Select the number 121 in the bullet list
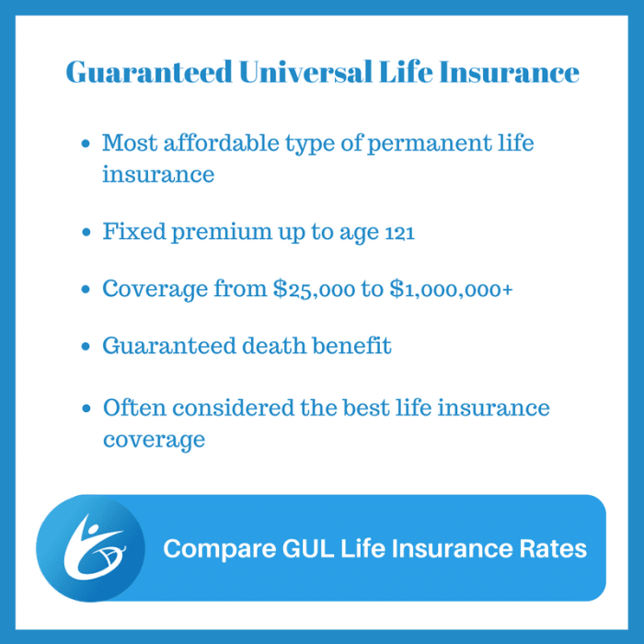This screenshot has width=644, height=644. coord(397,233)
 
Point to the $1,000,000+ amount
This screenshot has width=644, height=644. coord(452,289)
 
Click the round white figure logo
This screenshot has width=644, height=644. coord(90,548)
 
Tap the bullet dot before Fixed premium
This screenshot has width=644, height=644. coord(86,233)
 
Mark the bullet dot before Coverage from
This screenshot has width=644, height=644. coord(86,290)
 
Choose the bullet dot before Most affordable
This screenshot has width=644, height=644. coord(86,144)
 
